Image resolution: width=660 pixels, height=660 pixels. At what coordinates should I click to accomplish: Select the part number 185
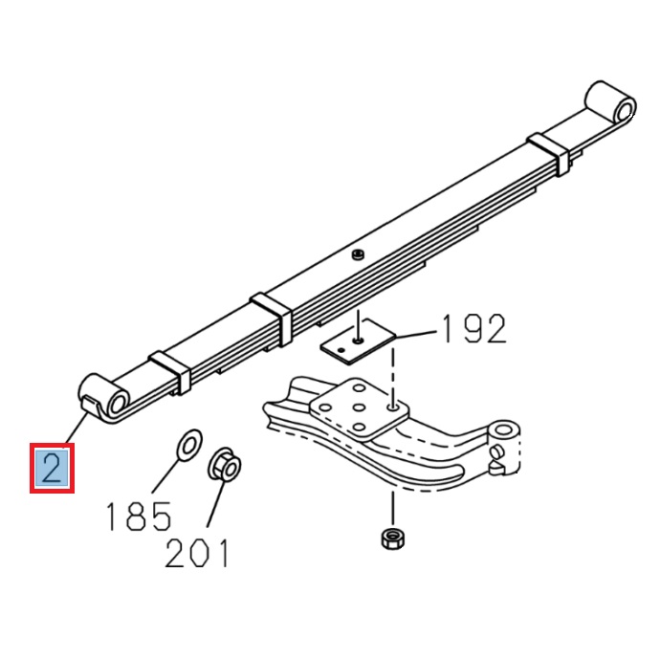point(138,516)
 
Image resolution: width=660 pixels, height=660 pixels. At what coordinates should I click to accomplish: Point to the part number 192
point(472,329)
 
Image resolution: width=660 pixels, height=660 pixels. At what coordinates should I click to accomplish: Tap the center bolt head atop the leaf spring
point(357,253)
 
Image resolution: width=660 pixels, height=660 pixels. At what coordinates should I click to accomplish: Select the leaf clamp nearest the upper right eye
point(550,150)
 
